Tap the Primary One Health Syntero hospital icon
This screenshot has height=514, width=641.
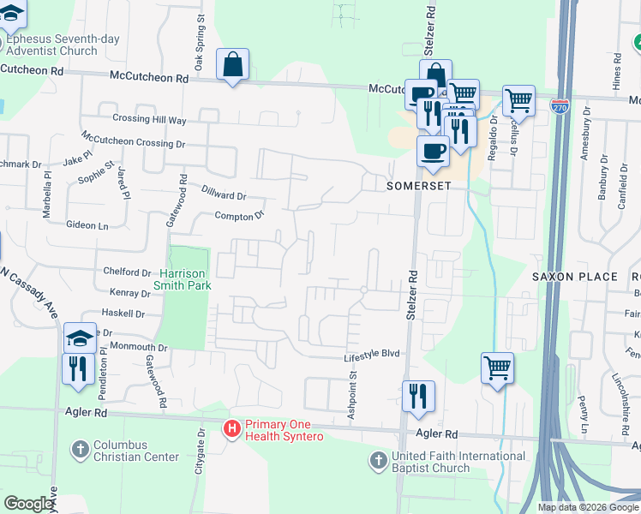point(231,428)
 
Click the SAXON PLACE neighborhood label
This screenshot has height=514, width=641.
point(574,277)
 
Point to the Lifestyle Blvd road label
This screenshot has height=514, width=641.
point(373,355)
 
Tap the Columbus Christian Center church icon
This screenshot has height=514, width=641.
point(80,449)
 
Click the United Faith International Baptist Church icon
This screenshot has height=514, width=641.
point(378,461)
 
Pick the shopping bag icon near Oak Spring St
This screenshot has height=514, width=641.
point(233,65)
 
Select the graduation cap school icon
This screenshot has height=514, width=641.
point(79,338)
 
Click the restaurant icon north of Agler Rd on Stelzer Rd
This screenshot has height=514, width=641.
point(417,396)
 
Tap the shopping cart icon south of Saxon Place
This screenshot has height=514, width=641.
point(497,369)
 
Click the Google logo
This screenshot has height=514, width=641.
point(28,504)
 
